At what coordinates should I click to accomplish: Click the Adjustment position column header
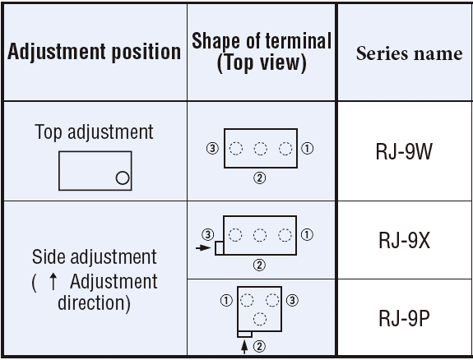tap(94, 52)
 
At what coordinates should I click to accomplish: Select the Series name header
tap(410, 53)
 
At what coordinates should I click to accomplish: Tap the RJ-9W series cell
tap(404, 151)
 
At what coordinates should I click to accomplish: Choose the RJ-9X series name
tap(404, 240)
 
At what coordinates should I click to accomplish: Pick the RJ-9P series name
tap(404, 318)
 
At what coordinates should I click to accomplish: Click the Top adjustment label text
tap(94, 132)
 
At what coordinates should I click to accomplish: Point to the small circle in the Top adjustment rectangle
tap(123, 178)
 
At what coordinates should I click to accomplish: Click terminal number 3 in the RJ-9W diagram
tap(213, 148)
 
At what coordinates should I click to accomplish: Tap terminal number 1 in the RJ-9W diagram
tap(308, 148)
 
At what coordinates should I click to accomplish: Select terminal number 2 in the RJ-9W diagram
tap(260, 178)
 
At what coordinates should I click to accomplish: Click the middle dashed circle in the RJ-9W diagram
tap(260, 149)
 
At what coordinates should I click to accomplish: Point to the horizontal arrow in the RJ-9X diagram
tap(203, 248)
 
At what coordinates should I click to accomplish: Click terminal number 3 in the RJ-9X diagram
tap(208, 234)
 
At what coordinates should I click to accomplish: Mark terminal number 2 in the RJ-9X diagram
tap(259, 265)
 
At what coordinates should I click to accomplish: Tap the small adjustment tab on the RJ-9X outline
tap(220, 248)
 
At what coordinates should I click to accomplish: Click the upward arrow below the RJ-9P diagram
tap(244, 346)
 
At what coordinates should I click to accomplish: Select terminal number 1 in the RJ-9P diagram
tap(226, 300)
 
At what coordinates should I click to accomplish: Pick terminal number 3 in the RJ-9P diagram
tap(292, 300)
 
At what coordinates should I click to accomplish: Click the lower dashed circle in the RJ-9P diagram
tap(260, 319)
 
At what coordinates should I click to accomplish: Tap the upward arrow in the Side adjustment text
tap(53, 281)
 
